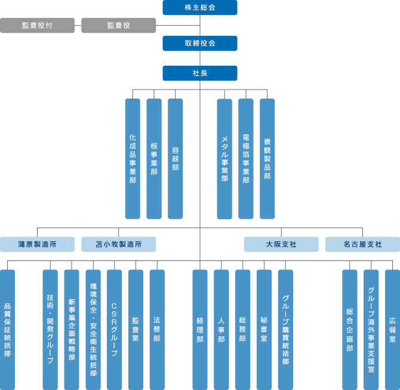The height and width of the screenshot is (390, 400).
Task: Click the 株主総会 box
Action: click(200, 7)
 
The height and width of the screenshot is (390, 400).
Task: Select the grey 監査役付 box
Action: click(37, 25)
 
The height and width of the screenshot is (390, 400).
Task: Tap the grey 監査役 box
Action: click(119, 25)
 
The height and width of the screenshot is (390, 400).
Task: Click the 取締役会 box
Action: click(200, 43)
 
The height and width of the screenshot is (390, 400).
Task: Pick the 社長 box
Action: click(200, 73)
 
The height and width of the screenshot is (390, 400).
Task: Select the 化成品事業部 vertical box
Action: click(133, 159)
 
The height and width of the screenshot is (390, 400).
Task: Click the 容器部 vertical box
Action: click(176, 159)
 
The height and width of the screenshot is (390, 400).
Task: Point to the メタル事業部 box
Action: click(224, 159)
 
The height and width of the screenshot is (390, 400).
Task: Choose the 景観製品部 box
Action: click(267, 159)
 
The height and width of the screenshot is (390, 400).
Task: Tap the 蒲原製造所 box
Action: click(37, 244)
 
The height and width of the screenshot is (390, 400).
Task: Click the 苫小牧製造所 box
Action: click(119, 244)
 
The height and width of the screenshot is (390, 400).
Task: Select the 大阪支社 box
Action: click(281, 244)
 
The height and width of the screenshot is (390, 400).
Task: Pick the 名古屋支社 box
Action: click(362, 244)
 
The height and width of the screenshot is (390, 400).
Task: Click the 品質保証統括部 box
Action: click(7, 330)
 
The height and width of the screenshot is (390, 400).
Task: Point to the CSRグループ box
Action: click(114, 330)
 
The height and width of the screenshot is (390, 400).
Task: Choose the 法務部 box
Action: click(157, 330)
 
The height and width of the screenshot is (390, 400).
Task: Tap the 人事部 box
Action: click(221, 330)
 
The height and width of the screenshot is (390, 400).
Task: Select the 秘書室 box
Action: click(264, 330)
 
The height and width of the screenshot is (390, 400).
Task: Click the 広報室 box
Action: click(392, 330)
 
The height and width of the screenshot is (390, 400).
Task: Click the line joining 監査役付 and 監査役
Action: click(78, 26)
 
